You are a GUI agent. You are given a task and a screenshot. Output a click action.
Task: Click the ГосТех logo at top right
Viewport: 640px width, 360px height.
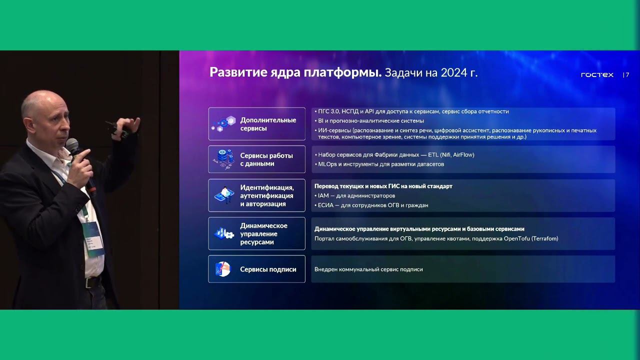pos(597,75)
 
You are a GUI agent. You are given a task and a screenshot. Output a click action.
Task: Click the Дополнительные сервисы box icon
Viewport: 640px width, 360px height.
pos(223,123)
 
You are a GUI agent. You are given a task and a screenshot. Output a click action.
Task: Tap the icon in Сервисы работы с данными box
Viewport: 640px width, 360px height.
pos(223,159)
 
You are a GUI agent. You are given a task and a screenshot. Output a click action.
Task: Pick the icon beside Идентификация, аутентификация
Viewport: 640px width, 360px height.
pos(223,195)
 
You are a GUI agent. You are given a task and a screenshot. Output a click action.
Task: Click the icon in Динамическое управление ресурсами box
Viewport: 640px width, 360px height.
pos(223,233)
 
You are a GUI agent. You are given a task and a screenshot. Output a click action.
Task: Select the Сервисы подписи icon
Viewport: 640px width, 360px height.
pos(222,269)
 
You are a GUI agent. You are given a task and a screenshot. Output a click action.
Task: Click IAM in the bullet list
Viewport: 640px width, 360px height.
pos(323,195)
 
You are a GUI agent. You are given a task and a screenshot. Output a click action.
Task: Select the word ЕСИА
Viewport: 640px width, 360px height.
pos(325,205)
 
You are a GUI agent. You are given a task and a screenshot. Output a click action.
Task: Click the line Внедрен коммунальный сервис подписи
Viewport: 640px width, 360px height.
pos(368,269)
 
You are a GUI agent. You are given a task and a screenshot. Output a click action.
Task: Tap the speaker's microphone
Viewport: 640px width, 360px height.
pos(73,148)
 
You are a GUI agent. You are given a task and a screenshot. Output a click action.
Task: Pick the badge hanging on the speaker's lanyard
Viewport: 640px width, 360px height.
pos(93,237)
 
